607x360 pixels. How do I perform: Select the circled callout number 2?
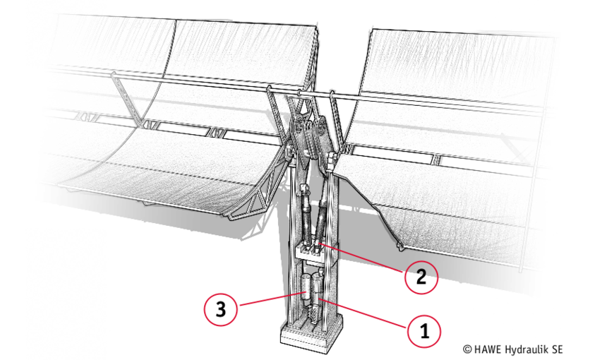(421, 277)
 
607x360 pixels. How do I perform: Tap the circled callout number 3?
(220, 309)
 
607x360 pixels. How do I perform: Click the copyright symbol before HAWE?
(467, 349)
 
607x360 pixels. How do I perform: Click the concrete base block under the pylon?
(312, 332)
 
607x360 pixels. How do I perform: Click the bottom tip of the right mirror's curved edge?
(399, 248)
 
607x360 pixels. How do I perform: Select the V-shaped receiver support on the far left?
(125, 99)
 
